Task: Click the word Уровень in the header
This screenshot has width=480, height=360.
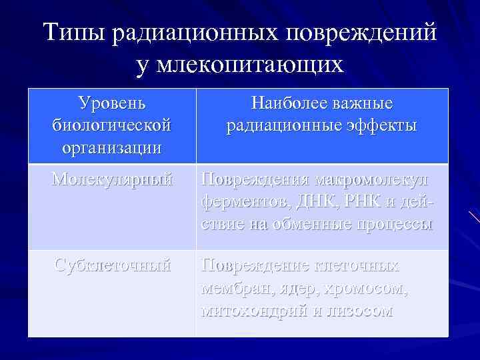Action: point(111,103)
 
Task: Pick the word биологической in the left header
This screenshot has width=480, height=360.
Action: point(111,125)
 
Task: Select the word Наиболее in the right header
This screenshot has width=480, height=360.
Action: point(289,103)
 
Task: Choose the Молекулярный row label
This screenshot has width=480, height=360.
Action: point(112,179)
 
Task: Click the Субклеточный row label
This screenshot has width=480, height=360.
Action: point(112,265)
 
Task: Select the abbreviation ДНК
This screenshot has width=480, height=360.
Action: point(305,202)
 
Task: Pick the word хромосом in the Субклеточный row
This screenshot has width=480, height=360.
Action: point(375,289)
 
